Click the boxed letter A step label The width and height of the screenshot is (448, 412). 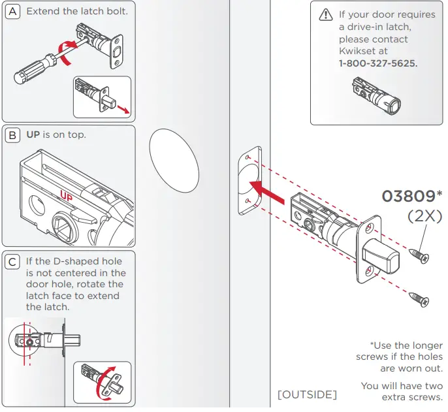pos(14,11)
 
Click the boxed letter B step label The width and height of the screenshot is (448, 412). pos(14,136)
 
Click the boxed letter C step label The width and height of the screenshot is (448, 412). pos(14,262)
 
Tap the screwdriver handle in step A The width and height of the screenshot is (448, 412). pos(33,71)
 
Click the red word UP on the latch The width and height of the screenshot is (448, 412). pos(66,195)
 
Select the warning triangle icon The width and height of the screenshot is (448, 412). pos(325,14)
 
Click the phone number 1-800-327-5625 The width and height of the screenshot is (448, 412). pos(378,64)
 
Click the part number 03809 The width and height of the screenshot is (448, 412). pos(408,197)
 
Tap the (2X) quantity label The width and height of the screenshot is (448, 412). pos(424,216)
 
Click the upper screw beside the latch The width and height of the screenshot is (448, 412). pos(417,255)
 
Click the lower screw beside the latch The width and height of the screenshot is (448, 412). pos(417,299)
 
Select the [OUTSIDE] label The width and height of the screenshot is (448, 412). pos(308,395)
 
